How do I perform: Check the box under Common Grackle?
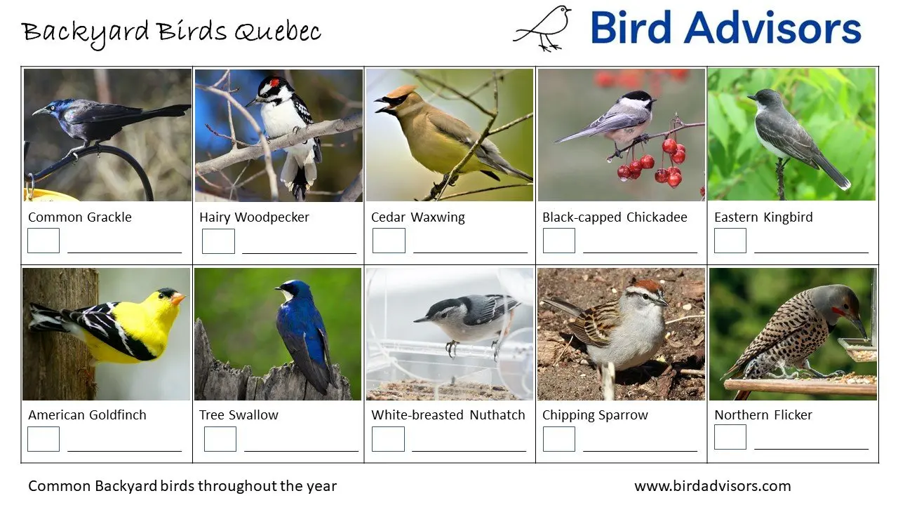click(43, 241)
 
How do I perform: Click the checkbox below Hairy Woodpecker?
click(218, 241)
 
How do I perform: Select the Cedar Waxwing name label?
click(417, 217)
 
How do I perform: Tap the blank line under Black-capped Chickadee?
click(640, 252)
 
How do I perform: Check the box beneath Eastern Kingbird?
click(730, 241)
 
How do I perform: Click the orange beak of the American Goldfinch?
click(178, 299)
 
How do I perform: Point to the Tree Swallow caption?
click(239, 415)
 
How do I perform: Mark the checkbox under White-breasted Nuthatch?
click(388, 439)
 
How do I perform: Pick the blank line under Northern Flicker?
click(811, 448)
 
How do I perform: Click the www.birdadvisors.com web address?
click(712, 486)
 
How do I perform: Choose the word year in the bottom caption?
click(321, 486)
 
